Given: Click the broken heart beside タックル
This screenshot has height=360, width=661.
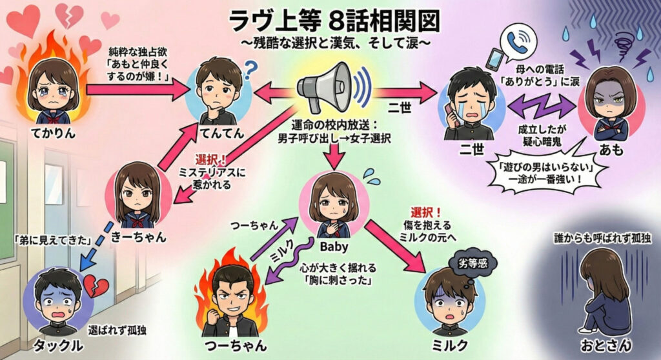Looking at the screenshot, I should [x=96, y=284].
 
